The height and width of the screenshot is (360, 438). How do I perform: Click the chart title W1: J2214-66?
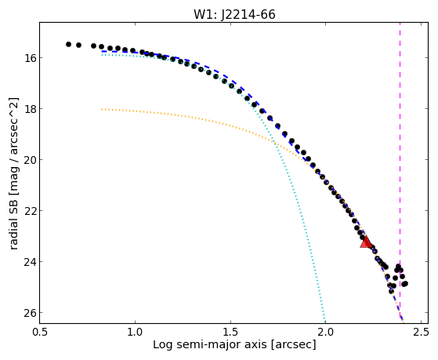coord(234,14)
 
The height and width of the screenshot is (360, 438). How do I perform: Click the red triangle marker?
coord(366,242)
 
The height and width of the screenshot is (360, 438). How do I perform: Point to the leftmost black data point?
coord(68,44)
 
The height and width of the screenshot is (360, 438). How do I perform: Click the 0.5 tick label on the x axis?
coord(40,332)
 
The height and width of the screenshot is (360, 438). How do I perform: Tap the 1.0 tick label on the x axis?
coord(136,332)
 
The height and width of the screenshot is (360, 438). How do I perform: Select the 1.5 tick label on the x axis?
coord(230,332)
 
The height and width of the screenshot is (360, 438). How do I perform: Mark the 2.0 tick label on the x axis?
coord(326,332)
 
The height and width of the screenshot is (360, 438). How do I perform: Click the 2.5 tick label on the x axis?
coord(421,332)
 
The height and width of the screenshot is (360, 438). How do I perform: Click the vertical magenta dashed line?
coord(400,173)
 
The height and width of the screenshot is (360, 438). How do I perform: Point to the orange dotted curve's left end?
coord(102,109)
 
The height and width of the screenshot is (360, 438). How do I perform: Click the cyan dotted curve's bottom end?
coord(325,322)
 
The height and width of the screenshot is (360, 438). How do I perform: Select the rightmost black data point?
coord(405,284)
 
